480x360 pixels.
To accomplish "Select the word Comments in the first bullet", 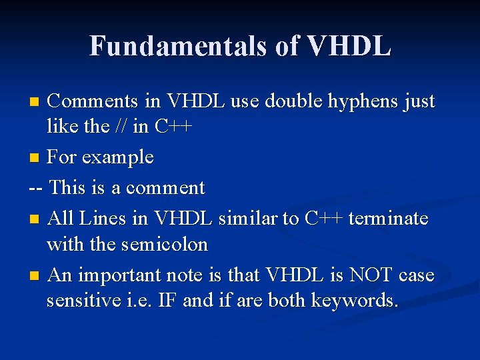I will [93, 101].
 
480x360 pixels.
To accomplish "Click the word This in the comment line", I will [68, 187].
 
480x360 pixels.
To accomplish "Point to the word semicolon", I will [165, 244].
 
